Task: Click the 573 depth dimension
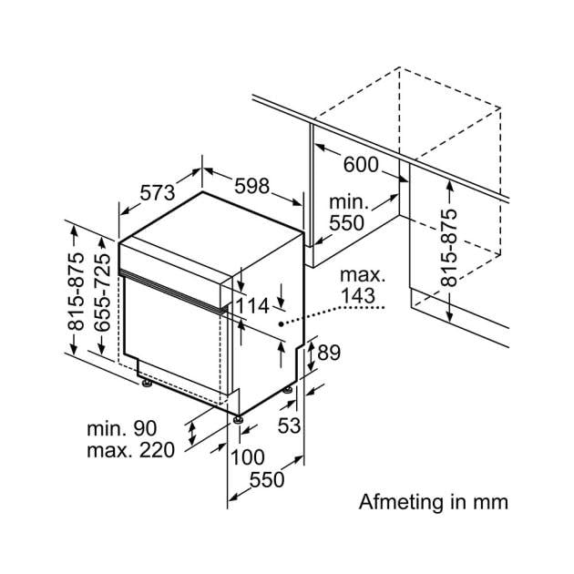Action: pyautogui.click(x=158, y=192)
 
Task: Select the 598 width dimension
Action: pyautogui.click(x=251, y=186)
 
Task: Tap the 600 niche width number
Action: pyautogui.click(x=361, y=165)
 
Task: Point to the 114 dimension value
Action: pyautogui.click(x=252, y=305)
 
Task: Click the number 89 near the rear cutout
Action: pyautogui.click(x=329, y=353)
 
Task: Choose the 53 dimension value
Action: pyautogui.click(x=289, y=425)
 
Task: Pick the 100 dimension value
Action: pyautogui.click(x=248, y=457)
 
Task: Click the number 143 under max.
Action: pyautogui.click(x=358, y=296)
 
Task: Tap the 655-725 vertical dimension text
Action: pyautogui.click(x=102, y=292)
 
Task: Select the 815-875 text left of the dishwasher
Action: pyautogui.click(x=77, y=292)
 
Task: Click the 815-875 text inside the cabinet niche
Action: pyautogui.click(x=449, y=248)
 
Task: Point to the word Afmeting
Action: pyautogui.click(x=401, y=501)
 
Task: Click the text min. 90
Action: pyautogui.click(x=121, y=428)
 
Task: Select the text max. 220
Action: pyautogui.click(x=130, y=450)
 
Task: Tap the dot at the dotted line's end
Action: pyautogui.click(x=281, y=324)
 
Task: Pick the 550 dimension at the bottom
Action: pyautogui.click(x=267, y=480)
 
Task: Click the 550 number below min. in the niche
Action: pyautogui.click(x=346, y=223)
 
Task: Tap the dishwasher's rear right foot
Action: pyautogui.click(x=288, y=390)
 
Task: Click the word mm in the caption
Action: pyautogui.click(x=490, y=502)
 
